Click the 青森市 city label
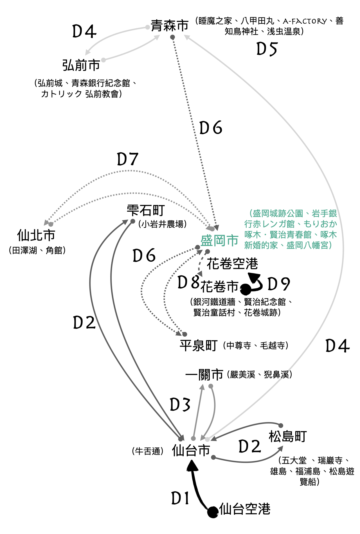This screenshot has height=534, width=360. (x=170, y=26)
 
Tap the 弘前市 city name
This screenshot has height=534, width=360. (x=81, y=65)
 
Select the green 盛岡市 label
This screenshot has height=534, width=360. (x=219, y=241)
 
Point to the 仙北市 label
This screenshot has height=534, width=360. (x=36, y=235)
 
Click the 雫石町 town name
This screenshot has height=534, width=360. (x=145, y=210)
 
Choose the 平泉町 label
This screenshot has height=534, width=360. (x=199, y=345)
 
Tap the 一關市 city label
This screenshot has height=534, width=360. (x=204, y=375)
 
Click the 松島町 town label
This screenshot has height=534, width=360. (x=287, y=436)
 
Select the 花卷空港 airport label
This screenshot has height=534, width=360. (x=232, y=264)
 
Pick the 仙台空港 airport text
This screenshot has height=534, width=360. (x=245, y=509)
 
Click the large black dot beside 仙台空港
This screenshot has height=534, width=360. (x=213, y=512)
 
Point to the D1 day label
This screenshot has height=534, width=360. (x=180, y=498)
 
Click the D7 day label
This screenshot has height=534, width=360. (x=128, y=159)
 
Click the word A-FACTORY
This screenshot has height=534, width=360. (x=305, y=21)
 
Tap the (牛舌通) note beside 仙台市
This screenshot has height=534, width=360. (x=148, y=451)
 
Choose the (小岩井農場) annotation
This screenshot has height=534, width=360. (x=163, y=224)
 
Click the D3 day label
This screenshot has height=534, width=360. (x=180, y=405)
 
